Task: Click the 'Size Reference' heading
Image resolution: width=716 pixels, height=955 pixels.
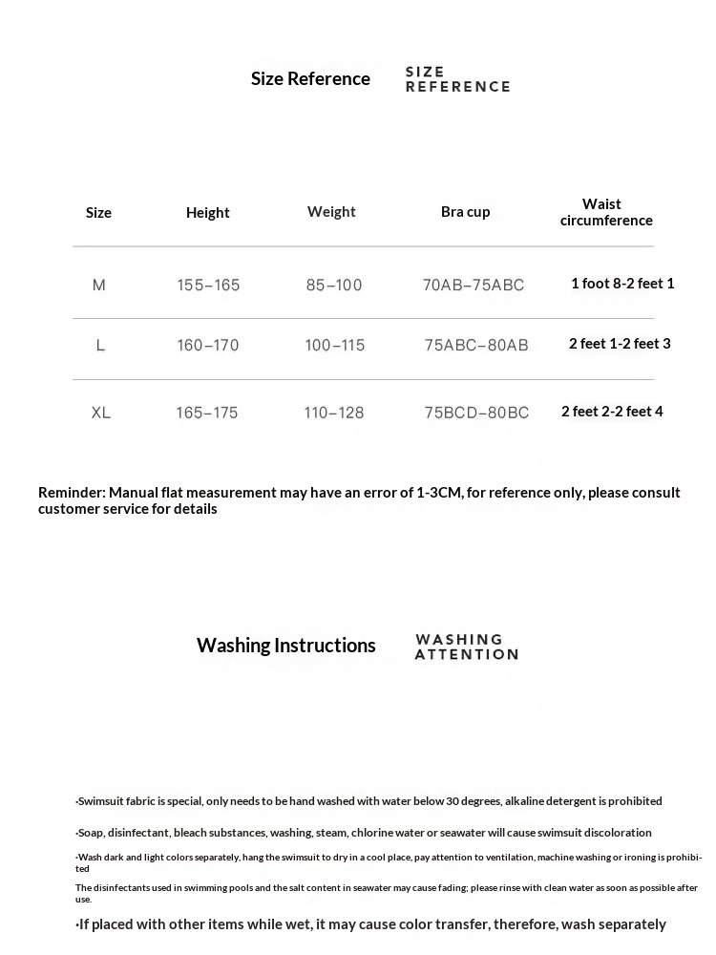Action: coord(310,79)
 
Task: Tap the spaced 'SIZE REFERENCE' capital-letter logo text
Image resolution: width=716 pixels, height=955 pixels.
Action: coord(457,79)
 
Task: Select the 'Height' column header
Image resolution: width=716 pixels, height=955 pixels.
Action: coord(208,213)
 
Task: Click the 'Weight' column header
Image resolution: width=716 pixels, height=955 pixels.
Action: coord(331,212)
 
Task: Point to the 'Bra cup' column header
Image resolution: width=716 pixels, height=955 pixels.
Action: coord(465,212)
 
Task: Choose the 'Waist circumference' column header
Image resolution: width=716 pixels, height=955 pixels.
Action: coord(606,212)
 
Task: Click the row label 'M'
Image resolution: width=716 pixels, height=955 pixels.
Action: coord(99,285)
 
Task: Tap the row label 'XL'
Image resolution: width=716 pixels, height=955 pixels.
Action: coord(101,413)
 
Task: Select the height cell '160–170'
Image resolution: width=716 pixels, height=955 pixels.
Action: coord(207,345)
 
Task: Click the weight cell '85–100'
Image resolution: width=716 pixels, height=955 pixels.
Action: coord(334,285)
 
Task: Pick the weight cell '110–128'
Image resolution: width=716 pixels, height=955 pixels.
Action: coord(334,413)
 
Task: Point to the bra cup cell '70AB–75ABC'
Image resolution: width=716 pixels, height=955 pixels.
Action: coord(474,285)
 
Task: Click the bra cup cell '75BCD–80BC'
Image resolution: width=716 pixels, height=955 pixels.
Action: coord(476,413)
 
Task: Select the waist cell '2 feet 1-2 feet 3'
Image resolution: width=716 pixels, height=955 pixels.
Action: coord(620,344)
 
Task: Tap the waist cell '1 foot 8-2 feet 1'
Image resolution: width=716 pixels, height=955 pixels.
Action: coord(622,284)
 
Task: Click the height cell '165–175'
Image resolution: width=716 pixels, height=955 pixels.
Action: coord(206,413)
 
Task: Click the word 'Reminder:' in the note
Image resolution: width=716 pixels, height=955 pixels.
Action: coord(72,493)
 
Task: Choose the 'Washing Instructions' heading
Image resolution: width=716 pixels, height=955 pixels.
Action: coord(286,646)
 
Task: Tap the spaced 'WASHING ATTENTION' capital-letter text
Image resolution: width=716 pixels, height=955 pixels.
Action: coord(466,647)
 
